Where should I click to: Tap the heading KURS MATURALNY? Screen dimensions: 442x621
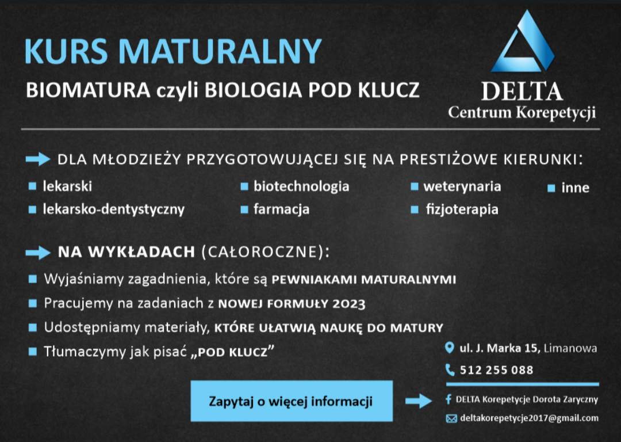click(172, 52)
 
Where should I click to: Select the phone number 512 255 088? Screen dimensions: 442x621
click(496, 370)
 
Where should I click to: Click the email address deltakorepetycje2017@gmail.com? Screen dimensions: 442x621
click(529, 418)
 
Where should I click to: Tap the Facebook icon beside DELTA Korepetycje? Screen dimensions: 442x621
click(448, 399)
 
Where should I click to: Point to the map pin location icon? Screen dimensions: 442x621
click(450, 348)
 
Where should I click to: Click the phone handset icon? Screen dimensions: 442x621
click(450, 370)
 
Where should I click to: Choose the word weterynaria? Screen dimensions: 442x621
click(462, 186)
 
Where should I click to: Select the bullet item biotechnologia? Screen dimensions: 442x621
click(301, 186)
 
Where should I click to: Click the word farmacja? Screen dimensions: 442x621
click(281, 209)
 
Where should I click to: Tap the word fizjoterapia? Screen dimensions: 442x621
click(462, 209)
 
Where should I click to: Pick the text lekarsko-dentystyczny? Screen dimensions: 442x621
click(113, 209)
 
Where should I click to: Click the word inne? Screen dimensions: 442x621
click(575, 188)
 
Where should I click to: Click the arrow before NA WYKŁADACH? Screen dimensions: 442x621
click(38, 252)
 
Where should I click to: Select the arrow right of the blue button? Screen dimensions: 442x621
click(418, 401)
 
